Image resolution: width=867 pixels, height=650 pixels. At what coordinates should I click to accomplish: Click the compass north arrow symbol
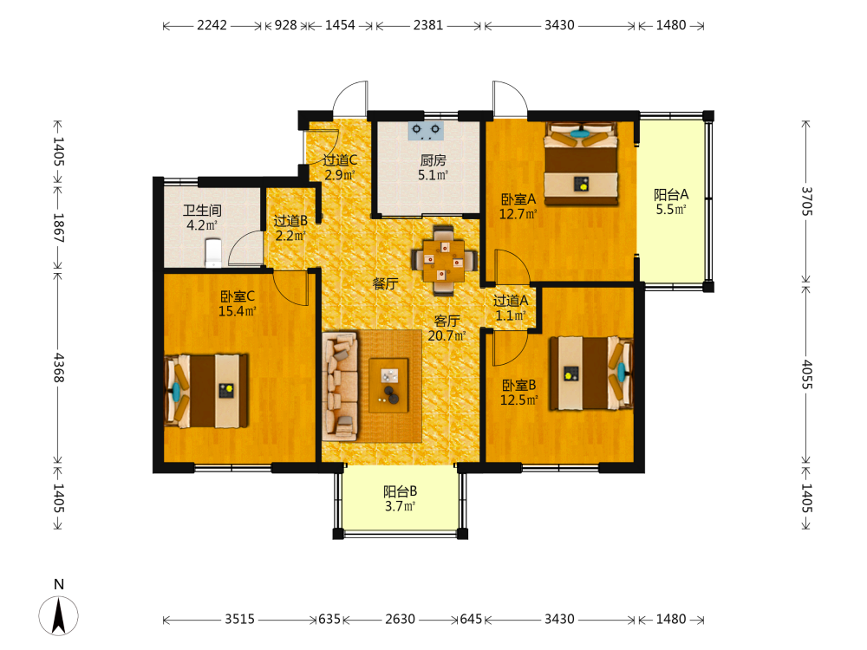[59, 615]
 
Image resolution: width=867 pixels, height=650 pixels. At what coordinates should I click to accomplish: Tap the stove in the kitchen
[426, 131]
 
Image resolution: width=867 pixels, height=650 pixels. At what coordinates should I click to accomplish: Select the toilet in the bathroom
[213, 252]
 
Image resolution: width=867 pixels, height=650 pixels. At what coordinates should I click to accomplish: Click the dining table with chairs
[443, 260]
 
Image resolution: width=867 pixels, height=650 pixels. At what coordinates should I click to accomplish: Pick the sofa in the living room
[340, 386]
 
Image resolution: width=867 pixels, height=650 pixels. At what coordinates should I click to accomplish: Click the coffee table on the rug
[388, 386]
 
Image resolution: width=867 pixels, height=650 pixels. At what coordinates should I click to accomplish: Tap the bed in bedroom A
[581, 164]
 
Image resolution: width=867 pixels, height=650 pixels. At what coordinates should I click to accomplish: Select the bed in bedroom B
[590, 373]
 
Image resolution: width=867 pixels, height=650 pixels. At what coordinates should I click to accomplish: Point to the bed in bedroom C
[206, 391]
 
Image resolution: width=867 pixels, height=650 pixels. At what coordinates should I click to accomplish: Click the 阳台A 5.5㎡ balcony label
[671, 202]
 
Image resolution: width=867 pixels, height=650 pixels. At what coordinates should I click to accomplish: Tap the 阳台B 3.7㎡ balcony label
[401, 498]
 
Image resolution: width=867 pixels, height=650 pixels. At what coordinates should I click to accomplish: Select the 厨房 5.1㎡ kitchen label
[433, 167]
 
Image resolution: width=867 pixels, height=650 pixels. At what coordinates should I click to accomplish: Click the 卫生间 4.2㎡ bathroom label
[202, 218]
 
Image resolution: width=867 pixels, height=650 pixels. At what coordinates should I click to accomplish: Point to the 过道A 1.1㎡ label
[511, 308]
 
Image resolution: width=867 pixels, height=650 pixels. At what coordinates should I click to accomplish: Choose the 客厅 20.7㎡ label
[447, 328]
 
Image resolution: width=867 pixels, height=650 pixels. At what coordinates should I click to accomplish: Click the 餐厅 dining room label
[386, 283]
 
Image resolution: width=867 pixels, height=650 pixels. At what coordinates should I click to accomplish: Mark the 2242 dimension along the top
[212, 25]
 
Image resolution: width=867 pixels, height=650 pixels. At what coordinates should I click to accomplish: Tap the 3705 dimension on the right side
[807, 202]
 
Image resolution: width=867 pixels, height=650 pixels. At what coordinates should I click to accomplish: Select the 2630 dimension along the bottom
[401, 619]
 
